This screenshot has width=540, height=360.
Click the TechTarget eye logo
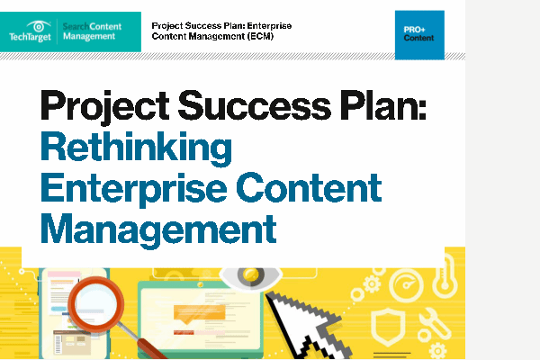coord(39,26)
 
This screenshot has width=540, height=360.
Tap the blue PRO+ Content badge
coord(419,35)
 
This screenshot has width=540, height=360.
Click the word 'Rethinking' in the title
coord(137,148)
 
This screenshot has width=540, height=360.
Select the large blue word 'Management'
coord(158,229)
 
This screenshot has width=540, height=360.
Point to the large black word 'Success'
coord(255,105)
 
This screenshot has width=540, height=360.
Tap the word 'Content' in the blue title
coord(309,187)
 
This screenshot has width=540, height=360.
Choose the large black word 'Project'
coord(104,107)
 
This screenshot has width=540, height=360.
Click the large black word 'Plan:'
coord(383,104)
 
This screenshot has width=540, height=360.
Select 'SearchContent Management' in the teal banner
coord(92,31)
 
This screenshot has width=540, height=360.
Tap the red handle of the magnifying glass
coord(151,348)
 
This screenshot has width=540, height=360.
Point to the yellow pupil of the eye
coord(250,274)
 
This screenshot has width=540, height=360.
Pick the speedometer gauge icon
coord(407,285)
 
